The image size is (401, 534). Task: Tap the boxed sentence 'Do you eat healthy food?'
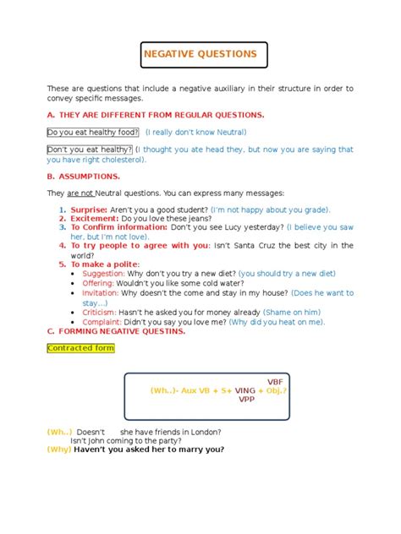point(93,132)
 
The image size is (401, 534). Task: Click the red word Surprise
point(88,209)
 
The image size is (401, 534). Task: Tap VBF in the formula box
point(276,381)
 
